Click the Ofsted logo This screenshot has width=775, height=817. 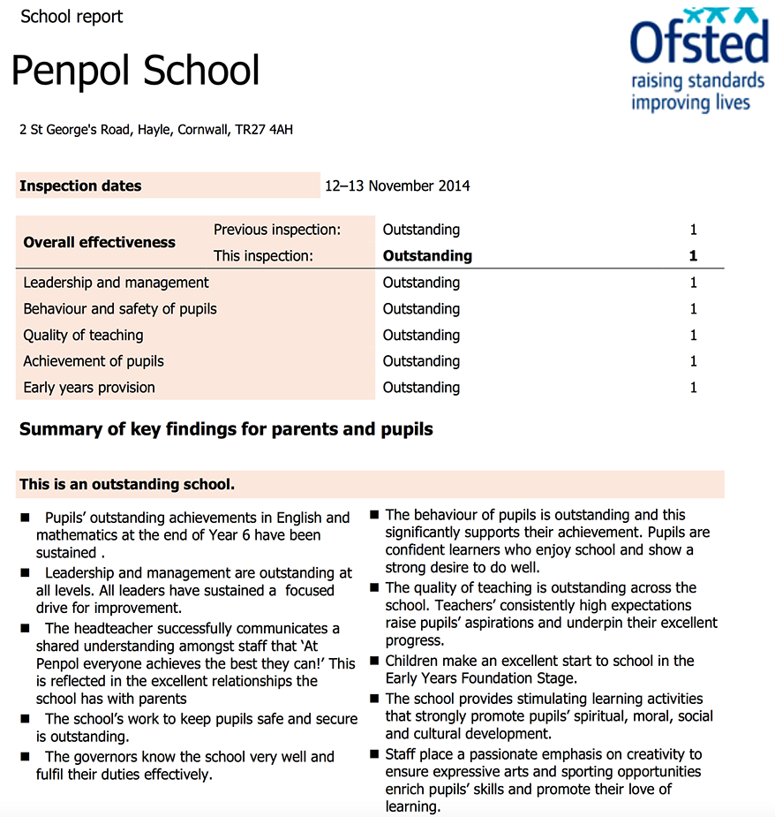pos(697,44)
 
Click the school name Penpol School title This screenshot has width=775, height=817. pos(136,72)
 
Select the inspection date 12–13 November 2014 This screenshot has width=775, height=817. pos(397,185)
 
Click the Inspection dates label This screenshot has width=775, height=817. pos(80,185)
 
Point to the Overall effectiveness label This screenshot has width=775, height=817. pos(99,242)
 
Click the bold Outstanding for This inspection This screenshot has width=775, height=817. pos(427,256)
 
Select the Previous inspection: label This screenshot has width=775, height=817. pos(276,230)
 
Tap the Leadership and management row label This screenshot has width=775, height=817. pos(116,283)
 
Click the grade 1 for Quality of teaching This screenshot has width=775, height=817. pos(693,335)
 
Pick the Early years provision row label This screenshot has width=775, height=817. pos(89,387)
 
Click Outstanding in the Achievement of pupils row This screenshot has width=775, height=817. pos(421,361)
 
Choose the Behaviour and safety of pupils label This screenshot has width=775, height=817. pos(120,309)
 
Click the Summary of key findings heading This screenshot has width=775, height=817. pos(226,430)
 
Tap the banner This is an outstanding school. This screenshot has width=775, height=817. pos(127,484)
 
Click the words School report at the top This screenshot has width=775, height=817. pos(71,16)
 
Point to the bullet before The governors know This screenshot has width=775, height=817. pos(26,757)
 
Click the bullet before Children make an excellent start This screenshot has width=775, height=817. pos(374,662)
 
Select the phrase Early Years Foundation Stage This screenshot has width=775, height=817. pos(480,678)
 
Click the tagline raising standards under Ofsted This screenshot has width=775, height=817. pos(697,82)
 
